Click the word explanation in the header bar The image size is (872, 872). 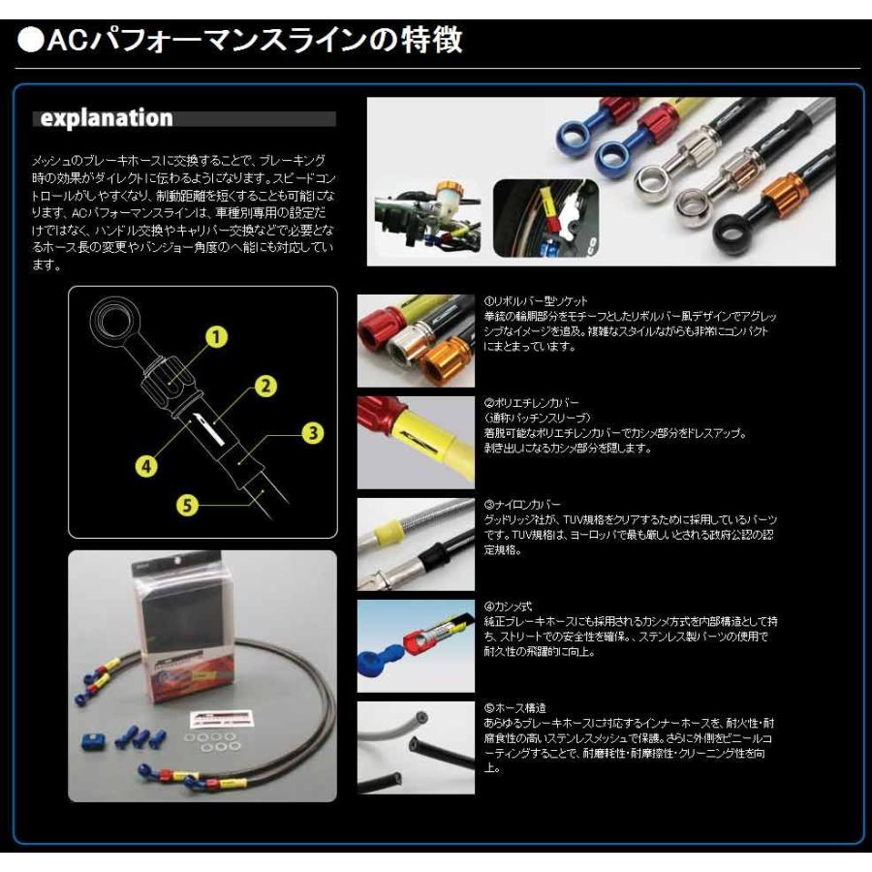105,119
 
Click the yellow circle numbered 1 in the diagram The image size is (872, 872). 216,336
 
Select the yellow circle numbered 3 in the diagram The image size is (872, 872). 310,433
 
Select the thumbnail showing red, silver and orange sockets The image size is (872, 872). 416,338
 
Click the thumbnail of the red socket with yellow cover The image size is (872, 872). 416,441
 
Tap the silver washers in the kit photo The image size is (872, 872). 215,740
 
